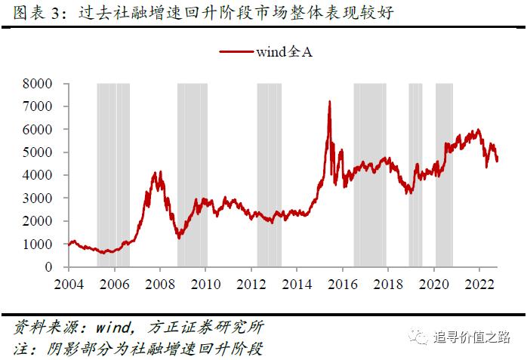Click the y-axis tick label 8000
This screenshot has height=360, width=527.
(38, 83)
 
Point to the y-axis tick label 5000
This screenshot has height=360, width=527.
(38, 152)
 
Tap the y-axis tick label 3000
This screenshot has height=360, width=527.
(38, 198)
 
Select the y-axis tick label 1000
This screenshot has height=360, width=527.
(38, 245)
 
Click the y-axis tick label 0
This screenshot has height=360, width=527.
(49, 267)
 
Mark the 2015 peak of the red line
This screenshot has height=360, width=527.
(329, 102)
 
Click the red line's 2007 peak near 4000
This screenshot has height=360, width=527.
(156, 174)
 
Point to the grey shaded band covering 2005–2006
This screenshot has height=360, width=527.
(113, 174)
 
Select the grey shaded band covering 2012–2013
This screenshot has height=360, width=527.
(269, 174)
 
